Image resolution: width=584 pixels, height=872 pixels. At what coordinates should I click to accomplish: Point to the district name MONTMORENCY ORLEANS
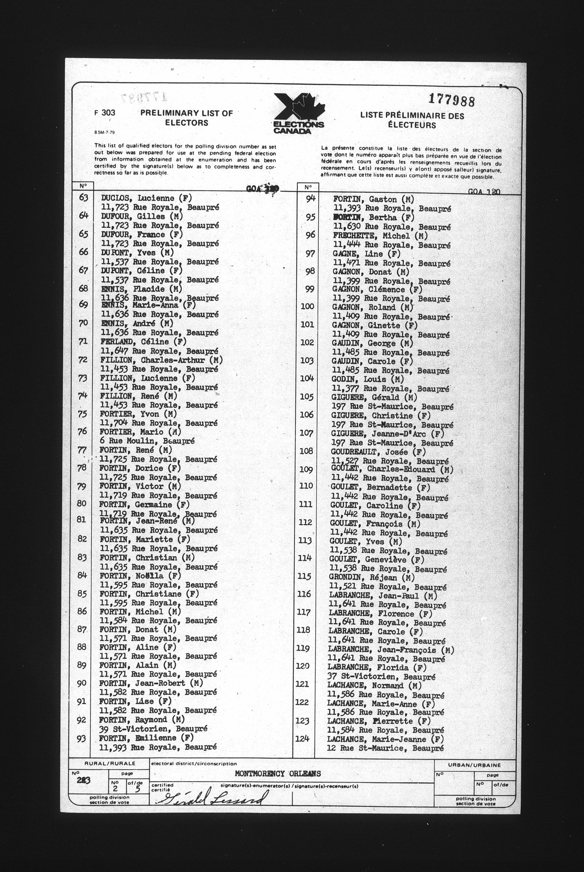(278, 773)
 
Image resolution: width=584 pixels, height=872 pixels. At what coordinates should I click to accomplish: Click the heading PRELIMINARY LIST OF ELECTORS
(187, 118)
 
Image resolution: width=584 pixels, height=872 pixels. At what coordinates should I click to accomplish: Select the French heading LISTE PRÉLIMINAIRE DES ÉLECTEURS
(412, 120)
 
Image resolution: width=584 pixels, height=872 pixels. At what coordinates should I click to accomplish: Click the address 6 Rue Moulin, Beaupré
(147, 441)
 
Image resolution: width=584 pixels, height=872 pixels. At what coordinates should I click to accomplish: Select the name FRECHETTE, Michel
(380, 236)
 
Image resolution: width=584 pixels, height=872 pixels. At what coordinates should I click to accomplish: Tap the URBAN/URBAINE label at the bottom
(474, 765)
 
